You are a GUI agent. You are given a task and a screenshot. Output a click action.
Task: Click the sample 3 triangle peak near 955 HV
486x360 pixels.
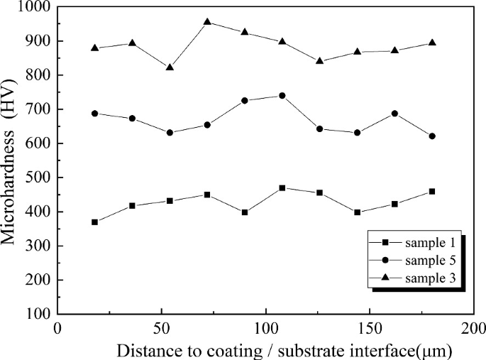[207, 22]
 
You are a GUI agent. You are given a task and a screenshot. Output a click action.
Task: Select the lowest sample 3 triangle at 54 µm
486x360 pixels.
[170, 67]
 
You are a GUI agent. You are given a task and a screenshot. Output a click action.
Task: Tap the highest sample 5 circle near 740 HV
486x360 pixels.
[282, 95]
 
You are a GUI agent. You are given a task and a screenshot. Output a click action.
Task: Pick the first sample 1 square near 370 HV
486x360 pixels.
[94, 222]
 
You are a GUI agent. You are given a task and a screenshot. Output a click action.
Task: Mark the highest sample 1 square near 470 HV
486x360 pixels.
[282, 187]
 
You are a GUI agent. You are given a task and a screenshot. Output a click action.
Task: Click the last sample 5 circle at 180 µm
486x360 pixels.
[432, 136]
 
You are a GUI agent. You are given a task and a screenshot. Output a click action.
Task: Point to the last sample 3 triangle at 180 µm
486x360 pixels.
[432, 43]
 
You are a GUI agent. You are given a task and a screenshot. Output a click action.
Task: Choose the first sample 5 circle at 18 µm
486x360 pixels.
[94, 113]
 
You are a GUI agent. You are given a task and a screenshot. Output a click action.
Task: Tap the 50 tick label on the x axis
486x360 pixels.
[161, 329]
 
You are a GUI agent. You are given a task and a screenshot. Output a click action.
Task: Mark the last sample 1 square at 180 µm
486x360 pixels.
[432, 191]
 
